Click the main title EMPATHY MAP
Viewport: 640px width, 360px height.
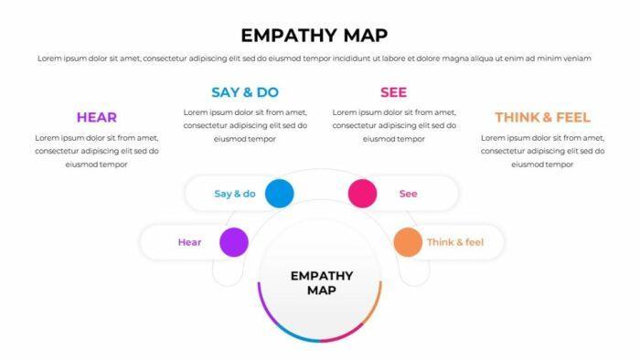coord(314,35)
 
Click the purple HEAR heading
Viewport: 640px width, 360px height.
coord(96,117)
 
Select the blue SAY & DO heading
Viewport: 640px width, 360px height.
coord(245,91)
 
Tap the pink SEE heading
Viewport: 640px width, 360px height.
coord(393,91)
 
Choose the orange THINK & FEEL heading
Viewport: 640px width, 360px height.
coord(542,117)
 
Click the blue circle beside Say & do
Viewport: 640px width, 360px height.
coord(279,194)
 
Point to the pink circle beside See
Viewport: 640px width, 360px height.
coord(362,194)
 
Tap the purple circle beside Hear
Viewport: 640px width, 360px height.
coord(233,242)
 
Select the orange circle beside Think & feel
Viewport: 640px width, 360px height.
coord(408,242)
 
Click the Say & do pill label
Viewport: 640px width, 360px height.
coord(234,194)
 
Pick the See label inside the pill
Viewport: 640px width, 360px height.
coord(408,194)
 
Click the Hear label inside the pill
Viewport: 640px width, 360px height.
coord(189,242)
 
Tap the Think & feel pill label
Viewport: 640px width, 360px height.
coord(454,242)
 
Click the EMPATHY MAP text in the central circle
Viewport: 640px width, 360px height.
coord(320,282)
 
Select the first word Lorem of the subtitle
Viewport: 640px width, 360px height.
coord(49,58)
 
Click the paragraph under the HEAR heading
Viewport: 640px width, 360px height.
coord(96,151)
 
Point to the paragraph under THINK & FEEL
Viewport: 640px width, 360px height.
coord(542,151)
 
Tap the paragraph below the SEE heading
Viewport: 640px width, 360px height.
coord(393,125)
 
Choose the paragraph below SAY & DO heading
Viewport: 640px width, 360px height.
coord(245,125)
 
